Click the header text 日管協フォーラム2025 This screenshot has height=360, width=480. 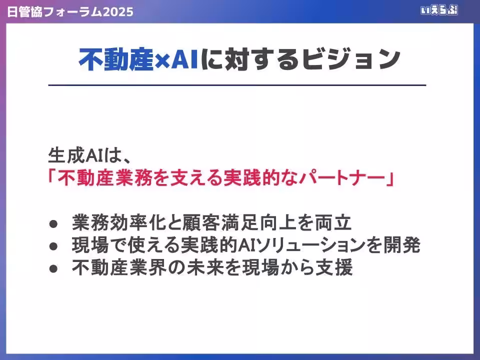[x=70, y=11]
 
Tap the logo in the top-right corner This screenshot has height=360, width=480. [x=438, y=10]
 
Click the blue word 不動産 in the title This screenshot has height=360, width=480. [x=115, y=60]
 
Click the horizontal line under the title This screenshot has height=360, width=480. [x=237, y=85]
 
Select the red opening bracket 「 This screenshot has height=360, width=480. [x=53, y=178]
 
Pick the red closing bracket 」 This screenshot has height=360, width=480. [x=387, y=178]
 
